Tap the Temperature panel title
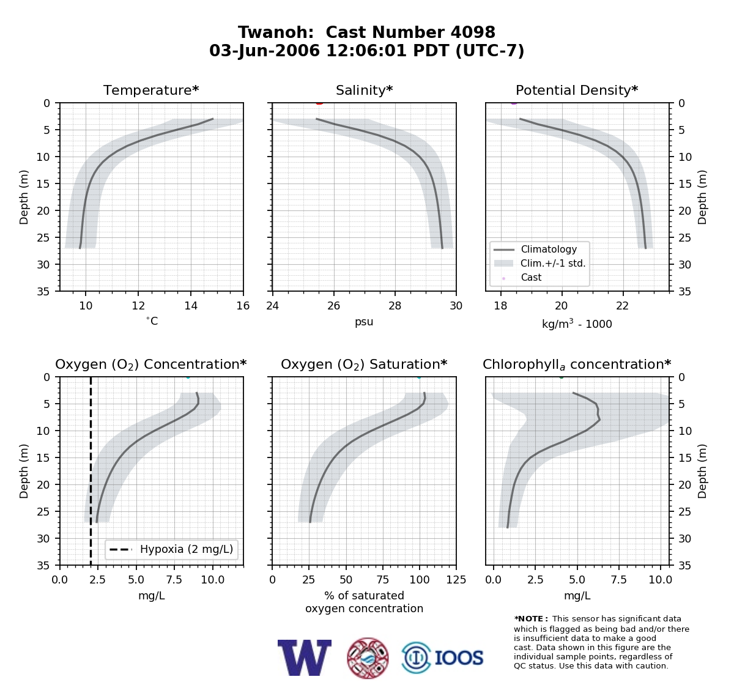coord(151,90)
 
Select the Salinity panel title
coord(365,90)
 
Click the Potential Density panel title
coord(577,90)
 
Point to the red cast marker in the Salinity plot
coord(320,103)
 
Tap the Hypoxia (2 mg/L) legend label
coord(187,549)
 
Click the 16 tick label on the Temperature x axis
coord(243,306)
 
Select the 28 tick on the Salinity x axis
coord(395,306)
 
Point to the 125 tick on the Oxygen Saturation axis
coord(456,580)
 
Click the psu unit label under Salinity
coord(364,322)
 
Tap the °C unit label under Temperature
coord(152,321)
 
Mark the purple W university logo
coord(305,657)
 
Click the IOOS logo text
coord(459,658)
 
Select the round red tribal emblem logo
coord(368,658)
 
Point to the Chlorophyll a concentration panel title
coord(577,365)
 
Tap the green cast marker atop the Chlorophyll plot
coord(562,377)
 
